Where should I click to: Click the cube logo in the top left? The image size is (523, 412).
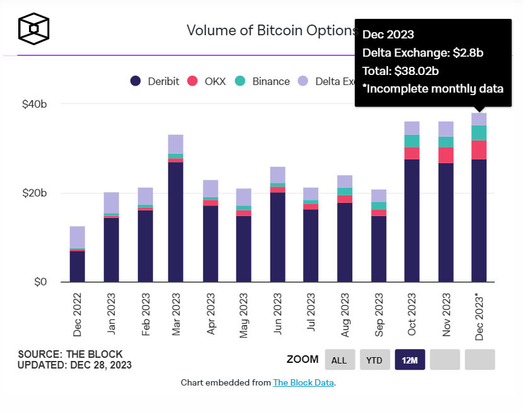point(34,29)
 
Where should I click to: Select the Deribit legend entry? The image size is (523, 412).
point(155,81)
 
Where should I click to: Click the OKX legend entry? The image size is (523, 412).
point(210,81)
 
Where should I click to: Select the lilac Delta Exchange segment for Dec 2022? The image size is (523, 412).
point(78,237)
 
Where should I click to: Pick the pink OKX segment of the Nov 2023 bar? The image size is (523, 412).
point(446,155)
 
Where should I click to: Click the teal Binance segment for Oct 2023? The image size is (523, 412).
point(412,140)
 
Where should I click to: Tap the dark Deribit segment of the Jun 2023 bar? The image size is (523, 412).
point(278,237)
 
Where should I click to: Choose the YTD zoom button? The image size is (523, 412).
point(374,360)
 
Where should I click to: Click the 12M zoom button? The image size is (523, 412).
point(410,360)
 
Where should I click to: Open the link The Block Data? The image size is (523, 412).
point(303,382)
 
